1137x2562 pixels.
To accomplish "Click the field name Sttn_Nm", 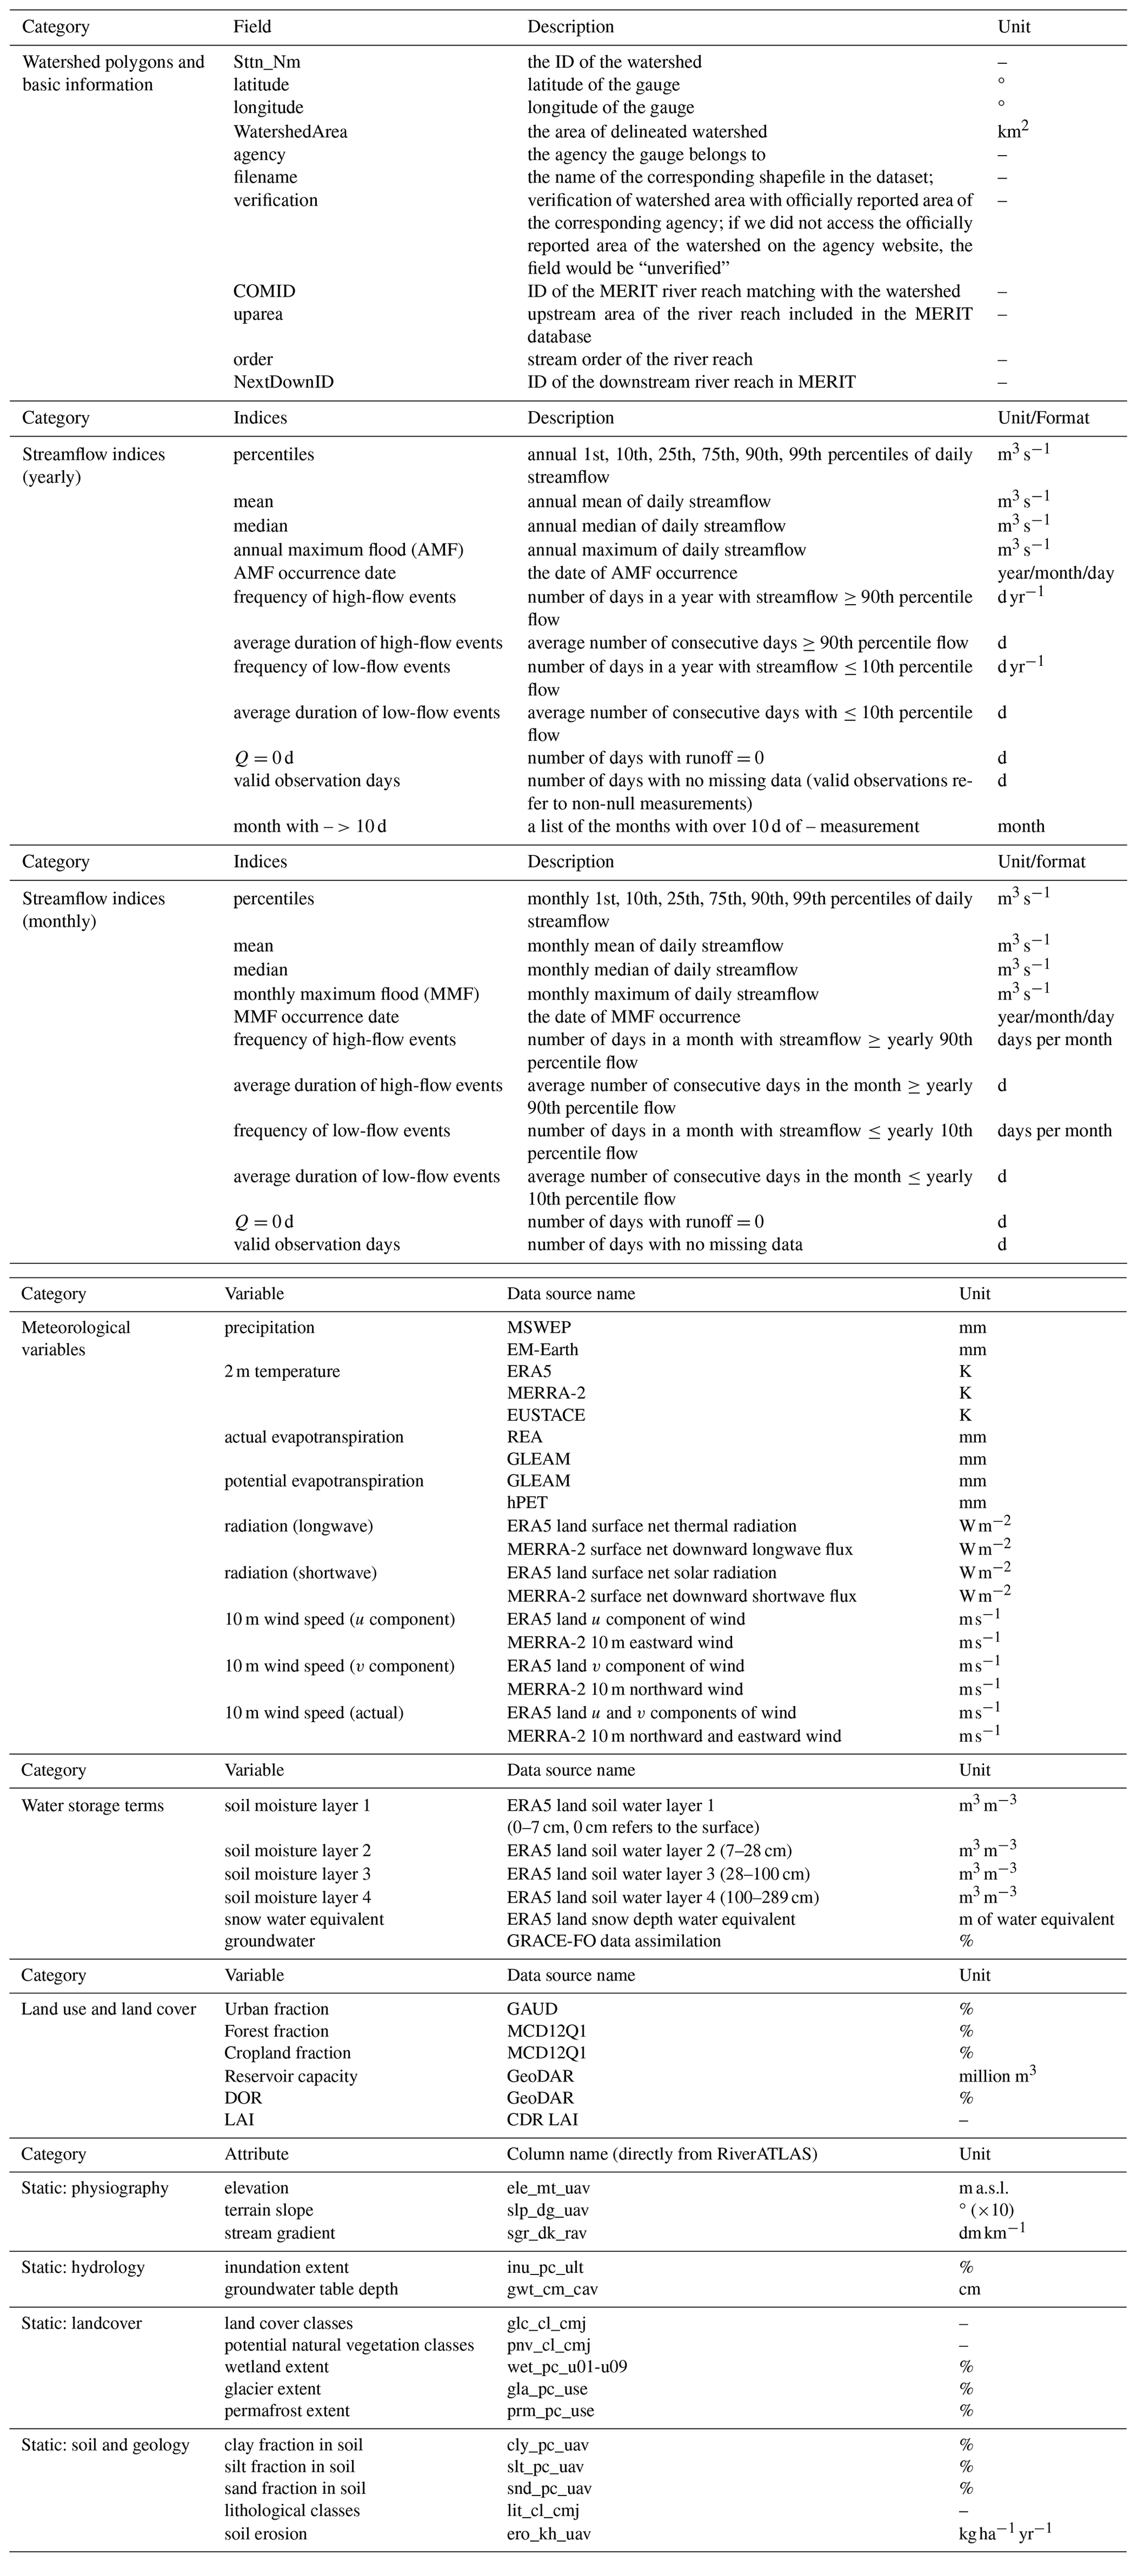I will [x=267, y=62].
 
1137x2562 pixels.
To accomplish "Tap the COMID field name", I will [x=263, y=291].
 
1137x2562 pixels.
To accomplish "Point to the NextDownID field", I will [x=283, y=382].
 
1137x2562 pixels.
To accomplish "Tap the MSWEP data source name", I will [x=539, y=1327].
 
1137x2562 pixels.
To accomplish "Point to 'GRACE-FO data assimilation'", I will [x=614, y=1940].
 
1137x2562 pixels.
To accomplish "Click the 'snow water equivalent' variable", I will [x=304, y=1919].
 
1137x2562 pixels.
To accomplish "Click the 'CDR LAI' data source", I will [x=542, y=2119].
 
